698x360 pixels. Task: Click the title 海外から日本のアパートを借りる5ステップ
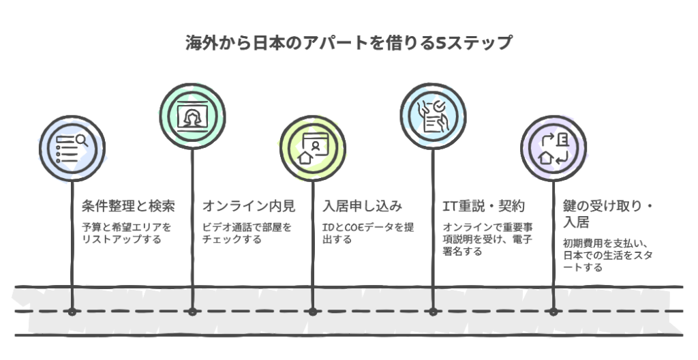[348, 43]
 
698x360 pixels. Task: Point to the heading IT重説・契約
[483, 206]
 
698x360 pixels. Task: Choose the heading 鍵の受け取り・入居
[608, 213]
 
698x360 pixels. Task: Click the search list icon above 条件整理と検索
[72, 148]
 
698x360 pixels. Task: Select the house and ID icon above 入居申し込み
[312, 148]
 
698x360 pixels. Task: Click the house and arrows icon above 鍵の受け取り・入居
[553, 148]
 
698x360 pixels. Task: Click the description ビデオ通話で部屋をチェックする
[247, 233]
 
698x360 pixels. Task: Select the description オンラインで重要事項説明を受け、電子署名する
[486, 239]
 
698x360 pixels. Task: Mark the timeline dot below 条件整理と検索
[72, 312]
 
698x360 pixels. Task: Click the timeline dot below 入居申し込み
[312, 312]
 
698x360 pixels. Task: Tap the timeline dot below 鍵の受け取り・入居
[553, 312]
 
